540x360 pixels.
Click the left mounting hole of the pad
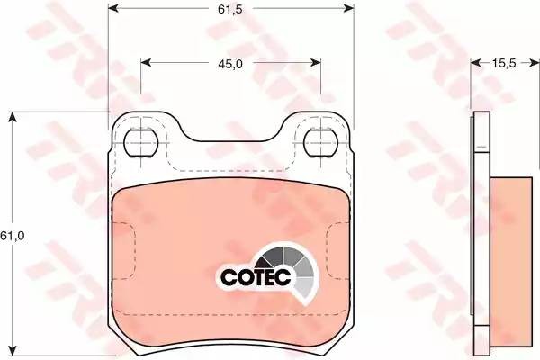(x=140, y=140)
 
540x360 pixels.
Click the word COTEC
(x=255, y=274)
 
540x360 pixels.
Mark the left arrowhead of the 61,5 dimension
(x=112, y=7)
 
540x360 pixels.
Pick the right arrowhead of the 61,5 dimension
(x=349, y=7)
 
